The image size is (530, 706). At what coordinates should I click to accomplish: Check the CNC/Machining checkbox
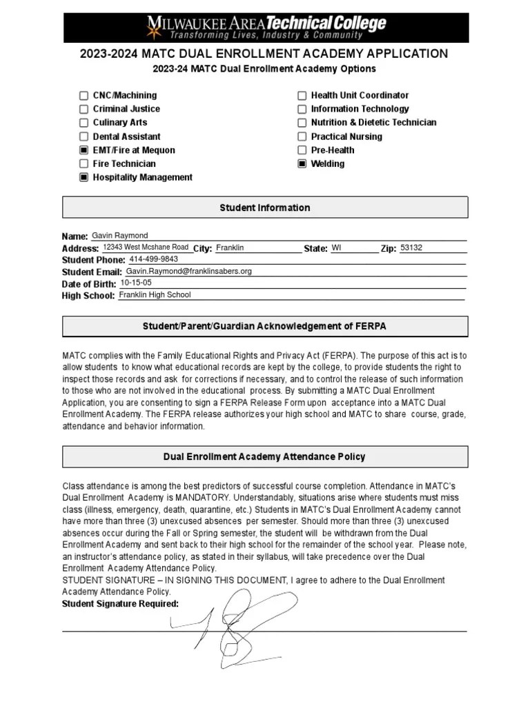tap(84, 96)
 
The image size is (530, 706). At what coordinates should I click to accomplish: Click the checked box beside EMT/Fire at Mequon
tap(84, 150)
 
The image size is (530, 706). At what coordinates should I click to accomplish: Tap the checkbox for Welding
tap(302, 164)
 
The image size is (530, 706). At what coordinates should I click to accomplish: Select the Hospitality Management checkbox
tap(84, 178)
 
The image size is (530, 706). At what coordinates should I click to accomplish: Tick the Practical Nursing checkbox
tap(302, 137)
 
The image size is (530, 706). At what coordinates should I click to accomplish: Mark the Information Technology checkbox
tap(302, 109)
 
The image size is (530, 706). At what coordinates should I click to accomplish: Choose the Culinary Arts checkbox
tap(84, 123)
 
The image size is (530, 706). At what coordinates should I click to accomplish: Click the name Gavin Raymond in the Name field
tap(119, 236)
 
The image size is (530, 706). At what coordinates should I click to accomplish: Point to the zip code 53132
tap(411, 248)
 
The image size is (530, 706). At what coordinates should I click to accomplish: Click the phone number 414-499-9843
tap(153, 259)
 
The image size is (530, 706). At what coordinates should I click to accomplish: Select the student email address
tap(188, 272)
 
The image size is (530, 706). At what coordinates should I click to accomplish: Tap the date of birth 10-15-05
tap(136, 283)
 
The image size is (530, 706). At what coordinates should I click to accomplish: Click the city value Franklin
tap(230, 248)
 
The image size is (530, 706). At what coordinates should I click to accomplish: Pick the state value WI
tap(336, 248)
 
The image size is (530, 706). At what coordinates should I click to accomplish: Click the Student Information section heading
tap(265, 208)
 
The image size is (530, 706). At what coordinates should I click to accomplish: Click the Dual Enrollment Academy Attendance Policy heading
tap(265, 456)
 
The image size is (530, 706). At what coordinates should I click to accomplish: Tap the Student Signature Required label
tap(120, 604)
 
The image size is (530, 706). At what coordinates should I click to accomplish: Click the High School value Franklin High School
tap(155, 294)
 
